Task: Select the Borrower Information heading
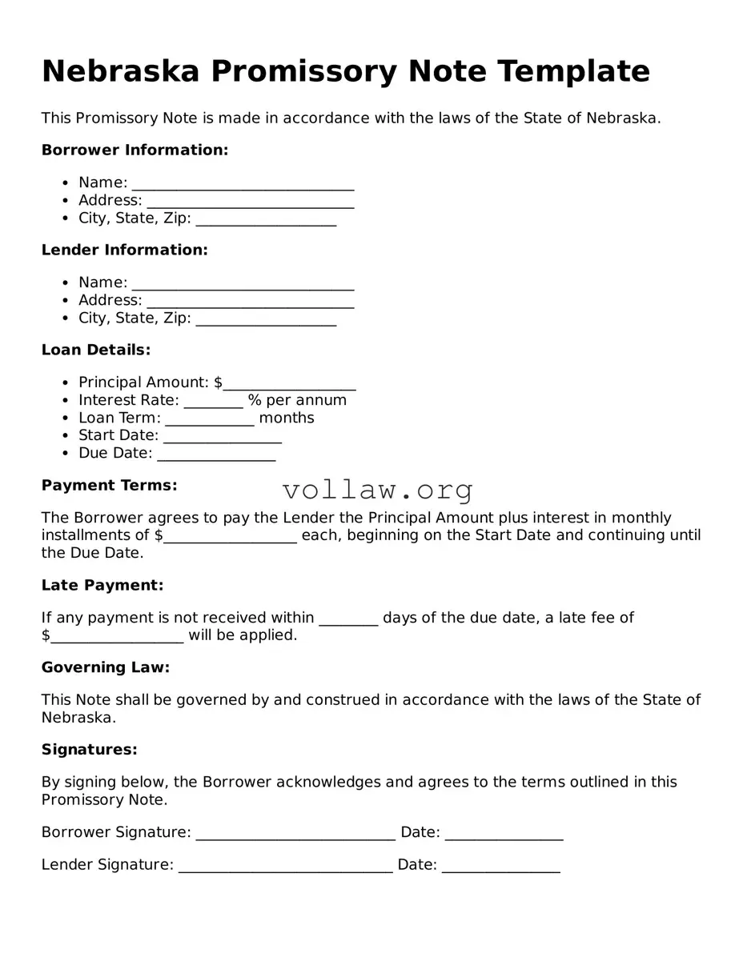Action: point(135,150)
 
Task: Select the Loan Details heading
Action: point(96,350)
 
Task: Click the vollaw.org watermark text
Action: point(377,489)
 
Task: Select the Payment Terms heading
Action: point(110,486)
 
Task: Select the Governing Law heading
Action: point(106,667)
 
